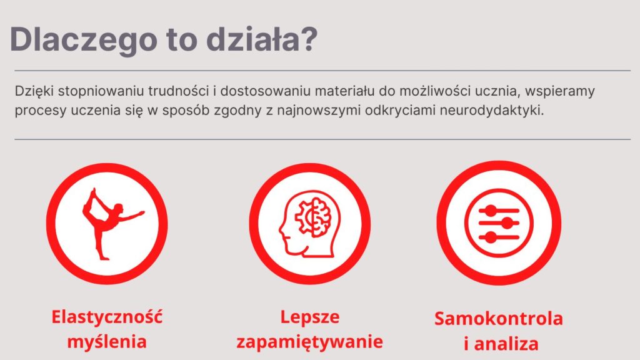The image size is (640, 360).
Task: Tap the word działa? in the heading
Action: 261,39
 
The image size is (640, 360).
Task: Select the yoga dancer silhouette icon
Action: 111,224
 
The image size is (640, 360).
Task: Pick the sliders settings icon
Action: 499,223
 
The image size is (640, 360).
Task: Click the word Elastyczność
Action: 107,317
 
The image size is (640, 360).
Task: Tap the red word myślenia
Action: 107,342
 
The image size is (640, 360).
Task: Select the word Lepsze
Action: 310,317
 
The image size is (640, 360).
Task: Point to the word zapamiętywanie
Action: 310,342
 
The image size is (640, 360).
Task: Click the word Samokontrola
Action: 499,319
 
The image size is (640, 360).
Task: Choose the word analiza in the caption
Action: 506,344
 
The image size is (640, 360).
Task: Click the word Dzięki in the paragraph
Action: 34,91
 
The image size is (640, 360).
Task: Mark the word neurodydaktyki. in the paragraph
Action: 492,110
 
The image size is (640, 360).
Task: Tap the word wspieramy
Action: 559,91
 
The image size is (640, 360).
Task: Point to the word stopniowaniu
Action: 101,91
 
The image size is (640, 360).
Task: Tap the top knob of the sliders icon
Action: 491,211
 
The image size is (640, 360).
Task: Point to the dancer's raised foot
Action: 94,192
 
